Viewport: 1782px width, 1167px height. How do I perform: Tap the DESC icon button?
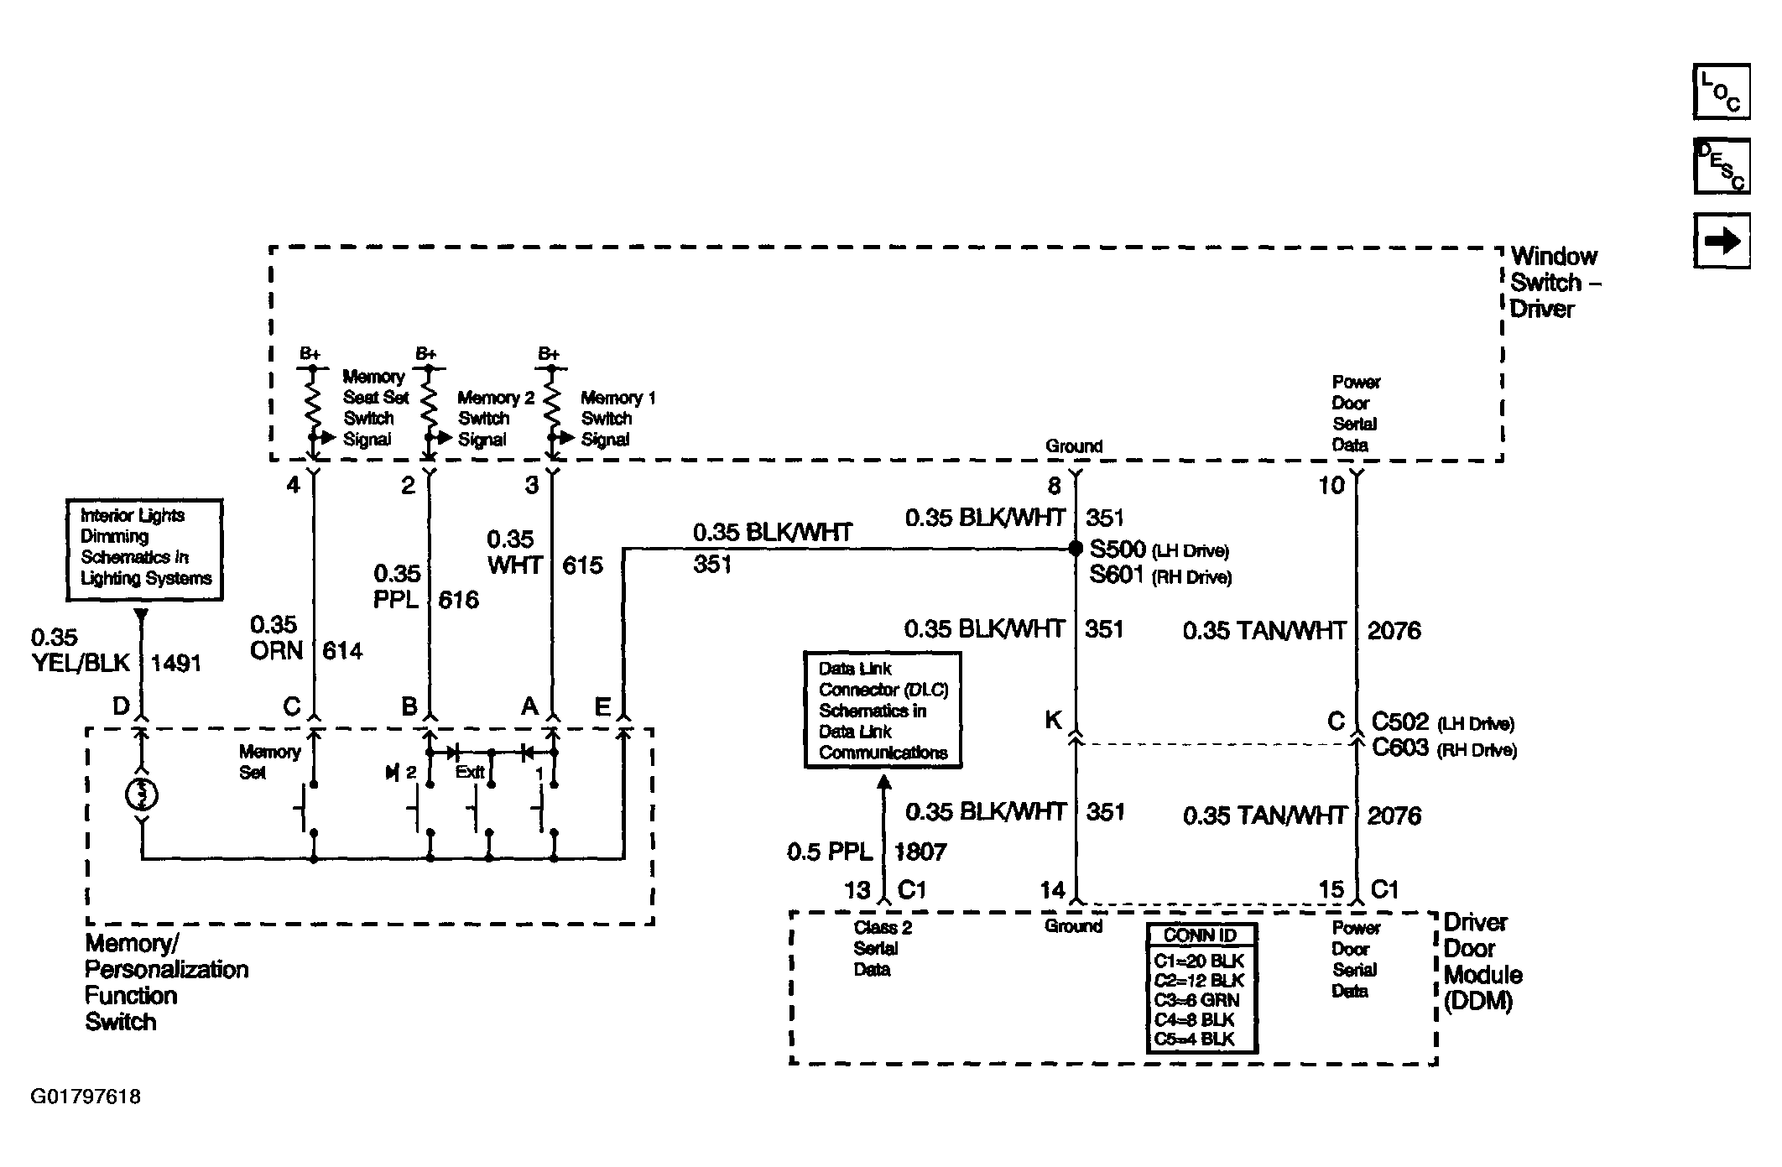pos(1722,166)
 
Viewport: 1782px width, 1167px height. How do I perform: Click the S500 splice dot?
pos(1076,549)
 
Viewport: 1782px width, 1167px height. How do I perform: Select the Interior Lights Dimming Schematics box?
pos(144,550)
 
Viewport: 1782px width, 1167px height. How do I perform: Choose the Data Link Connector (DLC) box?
pos(883,710)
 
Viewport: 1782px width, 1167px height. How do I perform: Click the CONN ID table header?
pos(1201,935)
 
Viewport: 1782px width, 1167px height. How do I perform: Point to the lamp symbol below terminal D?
pos(142,794)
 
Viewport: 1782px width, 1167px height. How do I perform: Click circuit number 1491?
pos(176,664)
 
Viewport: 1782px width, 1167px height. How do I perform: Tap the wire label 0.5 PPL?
pos(829,852)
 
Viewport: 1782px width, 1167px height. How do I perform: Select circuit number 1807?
pos(920,852)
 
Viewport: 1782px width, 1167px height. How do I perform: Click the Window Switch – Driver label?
pos(1555,283)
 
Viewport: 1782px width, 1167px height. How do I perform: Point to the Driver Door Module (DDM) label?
pos(1482,961)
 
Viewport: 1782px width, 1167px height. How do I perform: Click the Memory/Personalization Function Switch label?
pos(167,982)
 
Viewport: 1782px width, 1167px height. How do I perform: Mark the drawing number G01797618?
pos(86,1097)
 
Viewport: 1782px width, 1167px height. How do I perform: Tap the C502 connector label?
pos(1399,722)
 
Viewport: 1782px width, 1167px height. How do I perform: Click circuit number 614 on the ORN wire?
pos(342,650)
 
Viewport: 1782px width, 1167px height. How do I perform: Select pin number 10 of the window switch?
pos(1331,485)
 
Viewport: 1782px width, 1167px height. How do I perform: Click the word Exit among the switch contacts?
pos(470,771)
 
